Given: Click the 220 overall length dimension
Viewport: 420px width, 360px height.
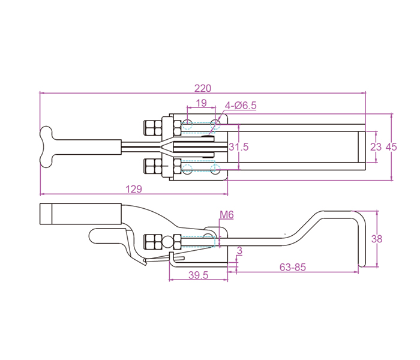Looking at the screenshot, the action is coord(203,88).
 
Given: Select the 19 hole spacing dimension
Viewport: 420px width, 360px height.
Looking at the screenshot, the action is coord(201,103).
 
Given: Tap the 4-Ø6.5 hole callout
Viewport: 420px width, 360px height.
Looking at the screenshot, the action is coord(241,106).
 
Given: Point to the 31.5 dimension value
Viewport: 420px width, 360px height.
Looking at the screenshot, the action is coord(238,147).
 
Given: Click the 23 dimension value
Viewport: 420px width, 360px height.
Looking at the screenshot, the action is coord(376,147).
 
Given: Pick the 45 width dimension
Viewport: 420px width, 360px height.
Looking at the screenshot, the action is coord(391,147).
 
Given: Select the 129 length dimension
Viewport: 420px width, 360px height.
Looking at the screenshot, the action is coord(134,189).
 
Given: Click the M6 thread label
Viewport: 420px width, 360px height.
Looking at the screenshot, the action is coord(227,215).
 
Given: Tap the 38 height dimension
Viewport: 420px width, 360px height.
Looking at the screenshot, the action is coord(377,239).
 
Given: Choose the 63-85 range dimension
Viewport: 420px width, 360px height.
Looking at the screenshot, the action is coord(293,267).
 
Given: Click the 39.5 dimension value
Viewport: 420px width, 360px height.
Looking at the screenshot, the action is coord(198,275).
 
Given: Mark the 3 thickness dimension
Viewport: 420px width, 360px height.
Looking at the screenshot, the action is coord(239,251).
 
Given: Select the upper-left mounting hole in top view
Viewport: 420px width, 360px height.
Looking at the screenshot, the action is coord(187,125).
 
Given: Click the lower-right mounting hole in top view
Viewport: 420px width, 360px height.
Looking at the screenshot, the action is coord(215,169).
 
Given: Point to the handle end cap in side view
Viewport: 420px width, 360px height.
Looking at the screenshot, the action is coord(46,214).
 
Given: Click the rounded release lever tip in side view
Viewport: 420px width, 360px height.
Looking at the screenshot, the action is coord(93,236).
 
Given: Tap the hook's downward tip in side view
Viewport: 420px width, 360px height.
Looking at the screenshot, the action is coord(362,265).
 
